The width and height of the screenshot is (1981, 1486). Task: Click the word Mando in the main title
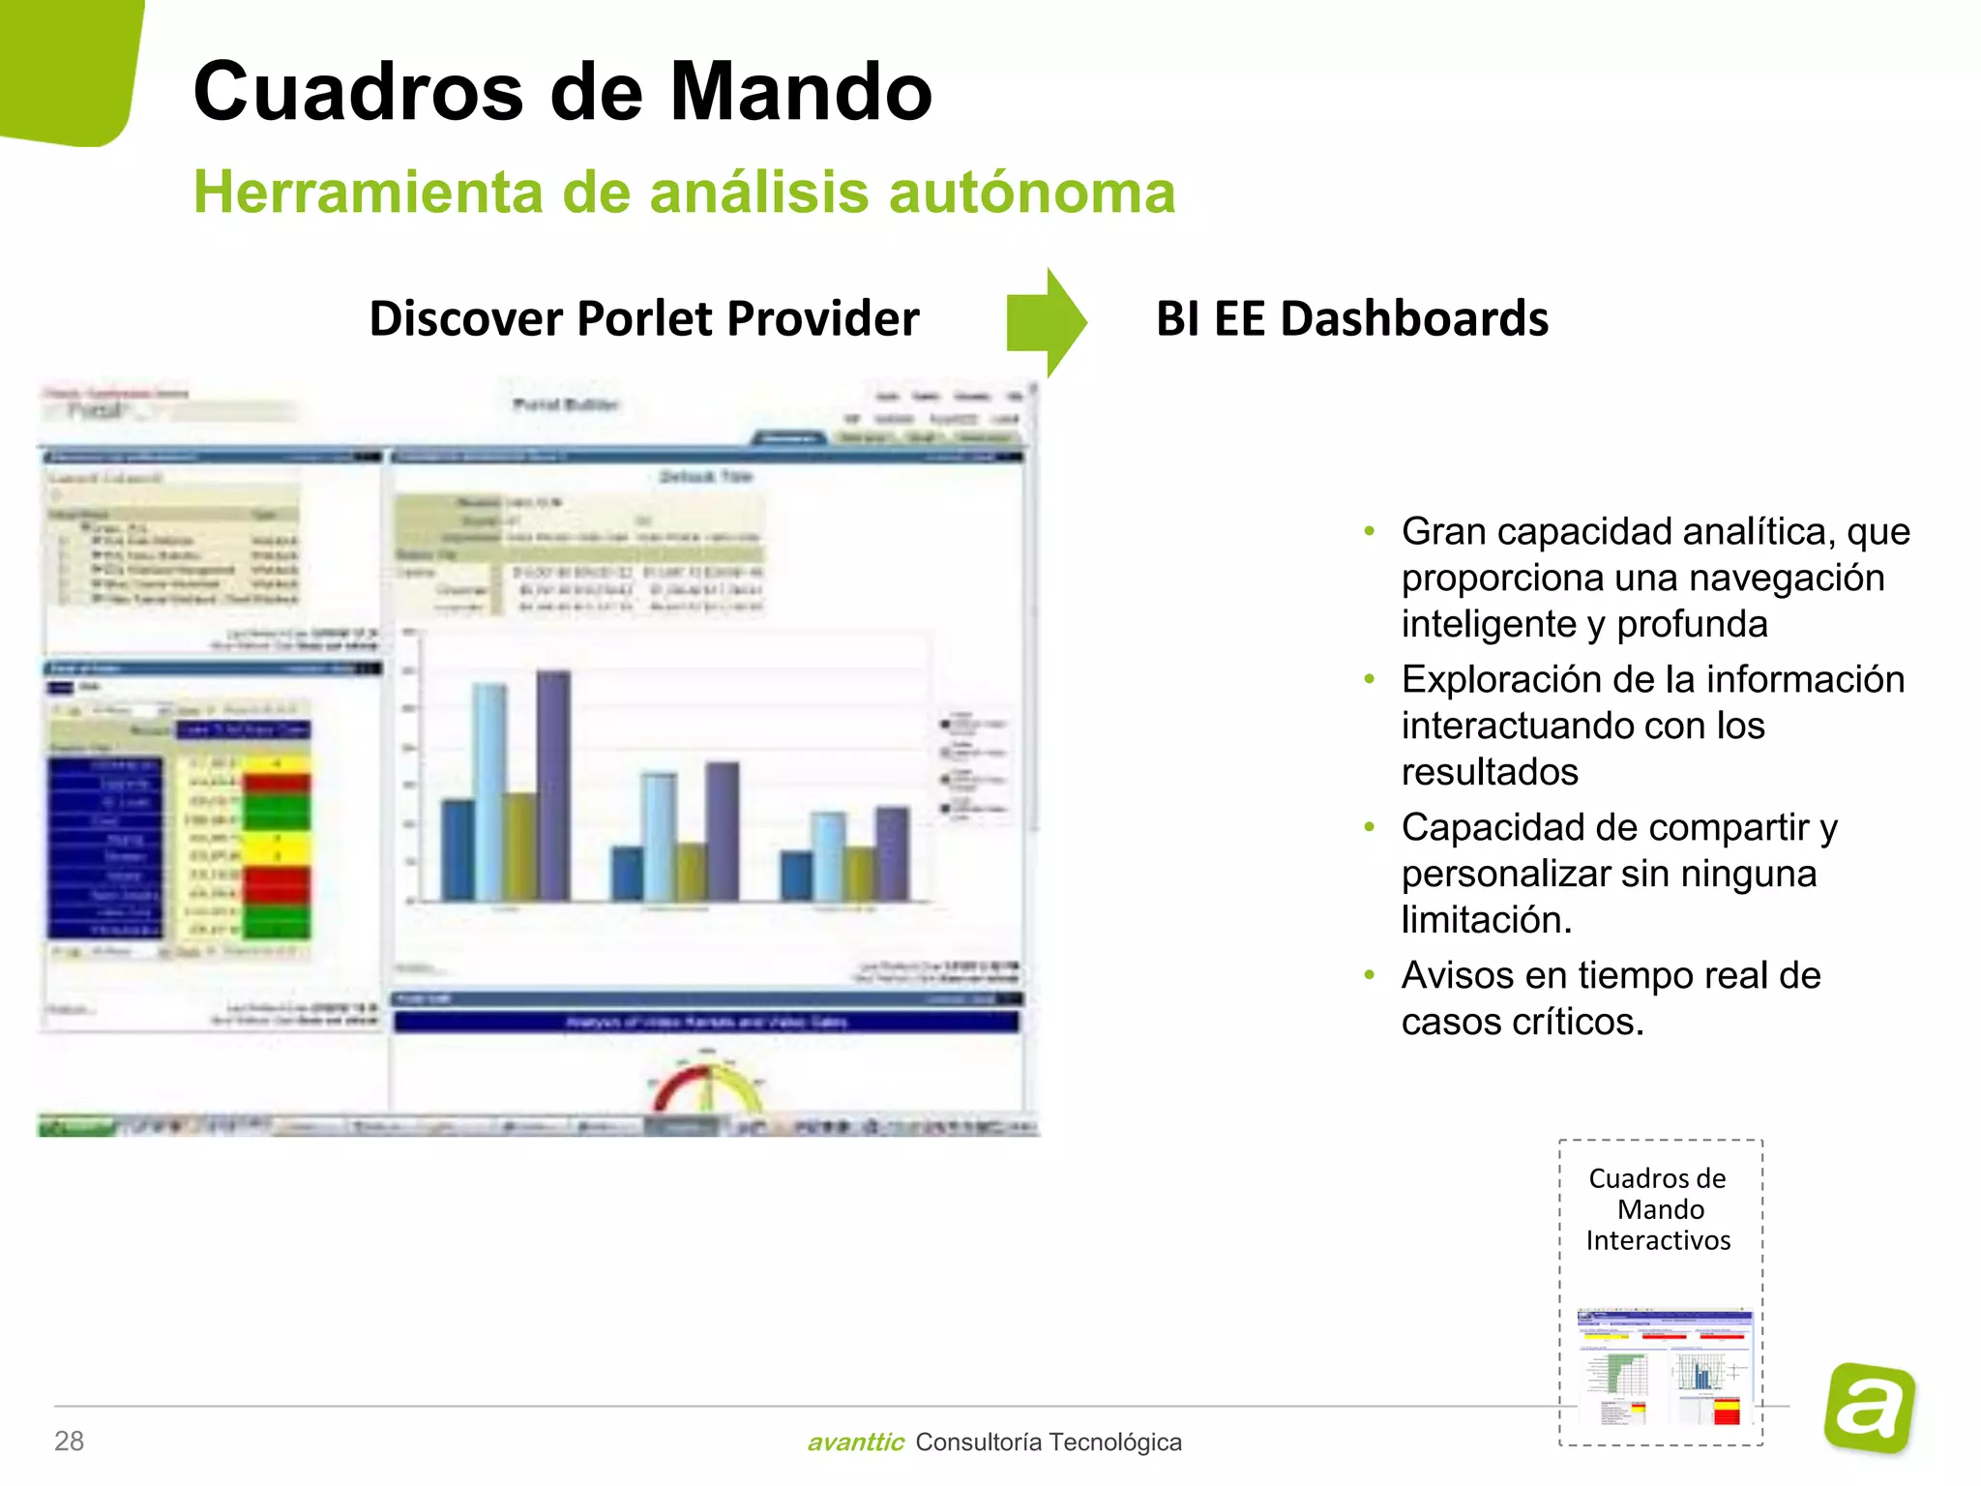(x=801, y=92)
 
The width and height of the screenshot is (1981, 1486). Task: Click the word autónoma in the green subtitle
(x=1031, y=192)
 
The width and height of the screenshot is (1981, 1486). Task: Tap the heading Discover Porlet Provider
(x=644, y=318)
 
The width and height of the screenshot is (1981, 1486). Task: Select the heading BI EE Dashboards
(x=1351, y=318)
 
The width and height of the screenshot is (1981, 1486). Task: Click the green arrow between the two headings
(x=1048, y=322)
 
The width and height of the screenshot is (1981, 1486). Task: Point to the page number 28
(x=70, y=1441)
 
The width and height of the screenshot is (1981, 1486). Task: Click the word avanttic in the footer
(x=855, y=1442)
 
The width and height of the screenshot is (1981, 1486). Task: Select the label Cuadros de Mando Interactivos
(x=1658, y=1209)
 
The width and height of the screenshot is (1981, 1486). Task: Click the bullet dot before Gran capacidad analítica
(x=1369, y=531)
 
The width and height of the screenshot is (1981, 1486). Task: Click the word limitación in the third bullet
(x=1486, y=919)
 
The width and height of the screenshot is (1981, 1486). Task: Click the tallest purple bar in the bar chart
(x=554, y=786)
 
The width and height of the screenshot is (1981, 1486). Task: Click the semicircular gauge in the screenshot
(x=708, y=1088)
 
